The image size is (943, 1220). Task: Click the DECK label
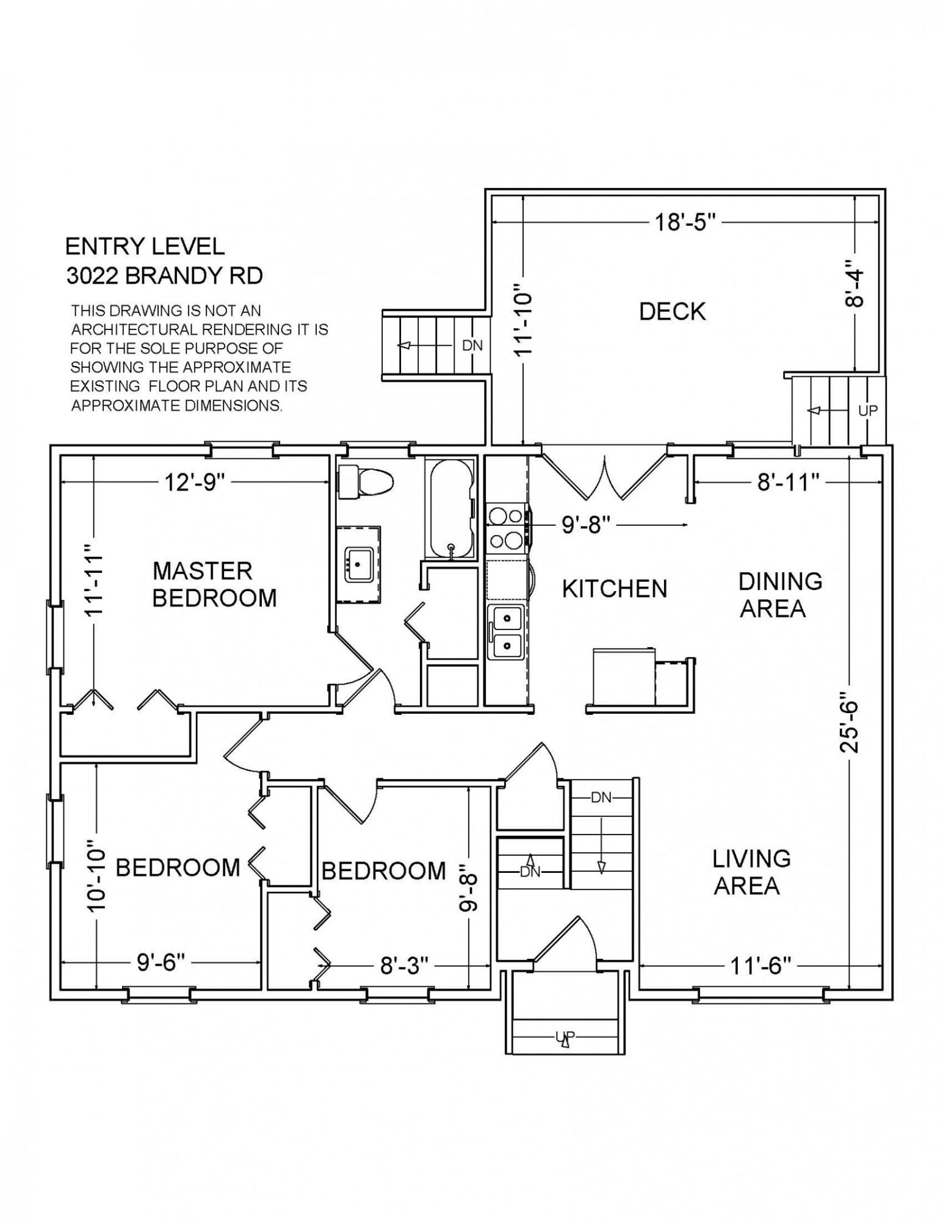pos(672,312)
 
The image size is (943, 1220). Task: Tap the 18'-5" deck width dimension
pos(685,222)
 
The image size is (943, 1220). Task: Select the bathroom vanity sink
pos(359,564)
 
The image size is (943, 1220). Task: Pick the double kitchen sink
pos(505,633)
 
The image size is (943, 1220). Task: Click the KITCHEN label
pos(615,589)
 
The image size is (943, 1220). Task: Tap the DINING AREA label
pos(779,595)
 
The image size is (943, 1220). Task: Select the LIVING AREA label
pos(751,873)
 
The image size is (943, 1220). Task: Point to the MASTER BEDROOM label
pos(214,584)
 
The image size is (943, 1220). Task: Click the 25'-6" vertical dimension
pos(850,722)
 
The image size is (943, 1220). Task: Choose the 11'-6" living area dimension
pos(760,966)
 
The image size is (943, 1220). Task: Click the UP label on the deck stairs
pos(867,411)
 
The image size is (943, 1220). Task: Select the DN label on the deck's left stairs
pos(472,345)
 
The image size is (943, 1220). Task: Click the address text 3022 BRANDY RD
pos(164,276)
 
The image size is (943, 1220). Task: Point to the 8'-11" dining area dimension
pos(788,483)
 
